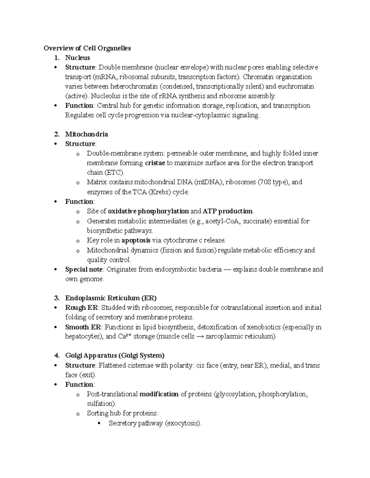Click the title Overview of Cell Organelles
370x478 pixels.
click(x=87, y=48)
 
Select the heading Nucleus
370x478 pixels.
click(x=77, y=58)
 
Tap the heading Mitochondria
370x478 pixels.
click(x=86, y=134)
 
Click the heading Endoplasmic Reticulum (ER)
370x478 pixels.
click(x=111, y=298)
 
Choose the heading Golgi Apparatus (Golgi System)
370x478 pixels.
click(x=115, y=355)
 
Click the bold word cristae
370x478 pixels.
click(x=155, y=163)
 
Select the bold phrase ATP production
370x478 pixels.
click(x=228, y=211)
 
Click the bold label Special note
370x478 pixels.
click(x=84, y=269)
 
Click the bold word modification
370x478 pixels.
click(x=159, y=394)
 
